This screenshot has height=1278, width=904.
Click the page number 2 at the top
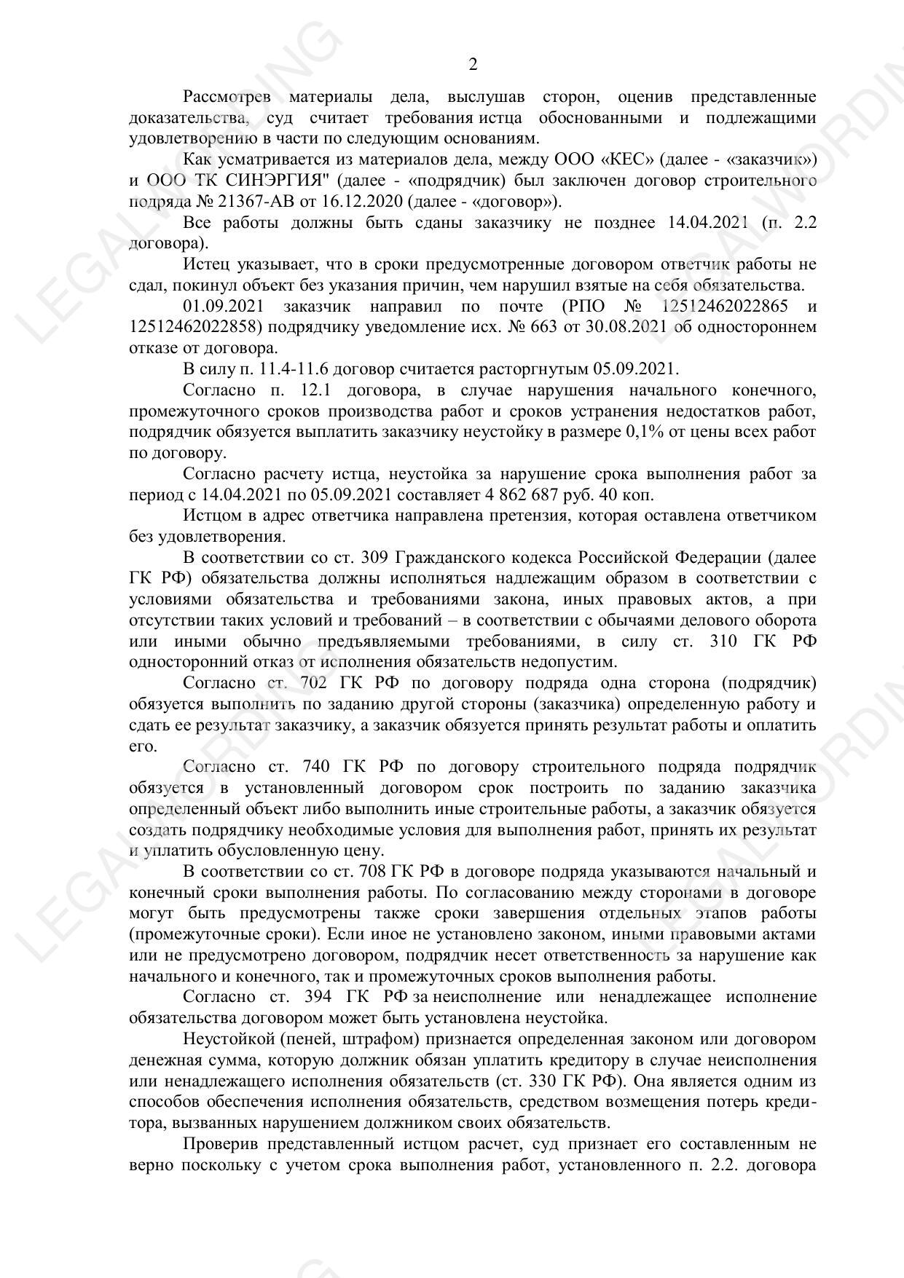click(x=473, y=65)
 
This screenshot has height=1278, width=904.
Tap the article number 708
click(x=373, y=872)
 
